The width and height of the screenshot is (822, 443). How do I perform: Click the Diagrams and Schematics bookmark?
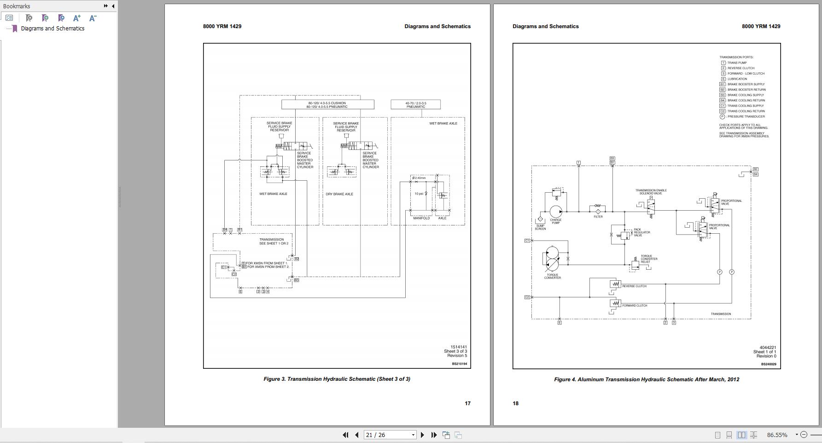[52, 29]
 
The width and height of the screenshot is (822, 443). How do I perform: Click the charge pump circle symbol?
[556, 212]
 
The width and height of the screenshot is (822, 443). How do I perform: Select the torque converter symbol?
[552, 259]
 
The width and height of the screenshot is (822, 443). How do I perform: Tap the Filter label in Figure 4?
[598, 217]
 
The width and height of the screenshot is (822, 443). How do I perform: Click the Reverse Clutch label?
[634, 286]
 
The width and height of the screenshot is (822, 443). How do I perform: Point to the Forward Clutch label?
[635, 306]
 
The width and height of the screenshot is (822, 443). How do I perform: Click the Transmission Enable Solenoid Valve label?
[651, 192]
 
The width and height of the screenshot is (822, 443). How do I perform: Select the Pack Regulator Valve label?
[641, 232]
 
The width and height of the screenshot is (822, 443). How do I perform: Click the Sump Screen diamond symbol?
[540, 220]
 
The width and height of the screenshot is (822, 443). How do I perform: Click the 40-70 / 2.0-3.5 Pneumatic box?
[415, 105]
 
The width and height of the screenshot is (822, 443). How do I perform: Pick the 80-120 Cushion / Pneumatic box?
[327, 105]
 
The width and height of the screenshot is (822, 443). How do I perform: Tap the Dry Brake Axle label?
[339, 194]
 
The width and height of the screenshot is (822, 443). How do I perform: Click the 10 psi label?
[419, 194]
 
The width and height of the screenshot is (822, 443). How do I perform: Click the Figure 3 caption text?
[337, 379]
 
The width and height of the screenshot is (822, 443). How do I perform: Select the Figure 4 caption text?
[647, 379]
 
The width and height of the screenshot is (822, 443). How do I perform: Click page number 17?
[467, 403]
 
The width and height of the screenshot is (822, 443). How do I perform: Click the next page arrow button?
[422, 435]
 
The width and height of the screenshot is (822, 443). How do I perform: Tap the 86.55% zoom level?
[777, 435]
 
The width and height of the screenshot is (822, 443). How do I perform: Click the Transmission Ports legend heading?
[736, 57]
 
